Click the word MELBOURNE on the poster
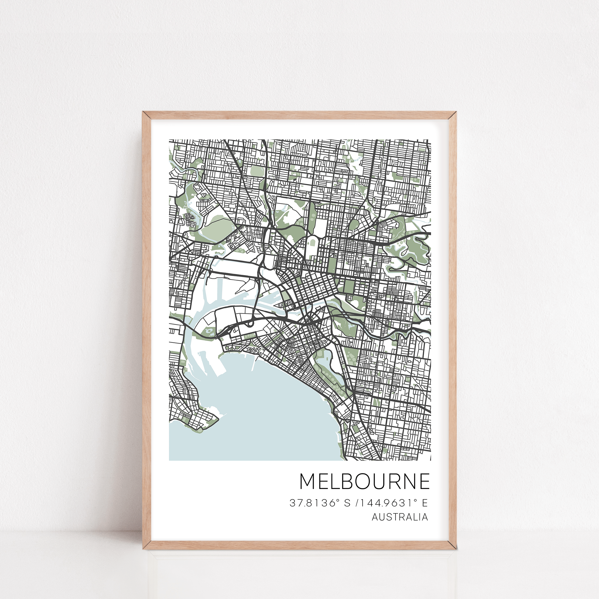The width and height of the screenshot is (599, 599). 365,481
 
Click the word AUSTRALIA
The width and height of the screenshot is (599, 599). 400,517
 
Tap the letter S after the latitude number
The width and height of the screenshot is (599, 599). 347,503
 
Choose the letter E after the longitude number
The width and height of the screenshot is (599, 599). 425,503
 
